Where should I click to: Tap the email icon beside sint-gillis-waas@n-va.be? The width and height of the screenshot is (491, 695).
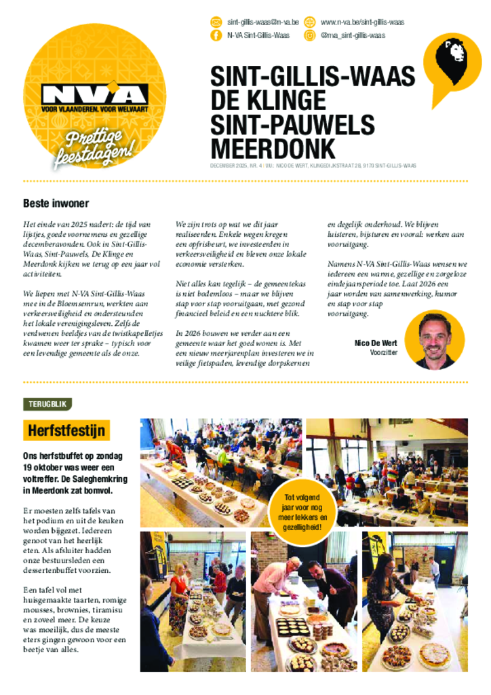point(216,22)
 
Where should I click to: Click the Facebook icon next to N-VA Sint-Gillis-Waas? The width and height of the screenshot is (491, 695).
point(216,35)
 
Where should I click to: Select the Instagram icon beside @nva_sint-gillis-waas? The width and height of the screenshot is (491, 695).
point(310,35)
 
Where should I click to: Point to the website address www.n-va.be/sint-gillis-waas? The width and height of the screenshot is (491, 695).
point(362,22)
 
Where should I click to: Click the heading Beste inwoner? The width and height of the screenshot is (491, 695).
point(56,203)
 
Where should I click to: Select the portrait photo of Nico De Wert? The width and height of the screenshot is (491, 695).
point(434,339)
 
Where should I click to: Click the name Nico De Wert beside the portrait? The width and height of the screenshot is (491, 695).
point(376,343)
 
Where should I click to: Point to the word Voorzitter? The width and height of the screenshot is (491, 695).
point(383,353)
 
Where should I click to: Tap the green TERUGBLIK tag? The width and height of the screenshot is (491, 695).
point(47,404)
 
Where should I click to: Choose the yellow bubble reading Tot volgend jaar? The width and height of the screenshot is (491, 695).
point(304,512)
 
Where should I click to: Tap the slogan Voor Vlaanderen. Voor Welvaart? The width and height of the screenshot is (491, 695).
point(94,109)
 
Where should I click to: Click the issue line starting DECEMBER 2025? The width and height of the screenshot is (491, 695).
point(312,166)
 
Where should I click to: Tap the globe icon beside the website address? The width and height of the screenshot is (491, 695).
point(310,22)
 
